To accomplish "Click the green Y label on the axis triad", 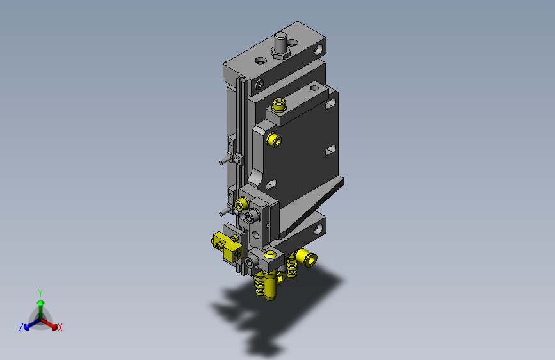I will click(x=40, y=292).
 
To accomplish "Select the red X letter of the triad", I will click(x=60, y=328).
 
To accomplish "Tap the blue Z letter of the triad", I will click(x=21, y=327).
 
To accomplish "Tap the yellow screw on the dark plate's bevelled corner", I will click(x=273, y=140).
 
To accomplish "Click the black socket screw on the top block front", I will click(x=259, y=85).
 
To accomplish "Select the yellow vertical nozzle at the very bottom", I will click(x=270, y=288).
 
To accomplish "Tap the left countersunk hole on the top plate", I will click(x=260, y=61).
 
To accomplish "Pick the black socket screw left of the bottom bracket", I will click(x=249, y=261).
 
